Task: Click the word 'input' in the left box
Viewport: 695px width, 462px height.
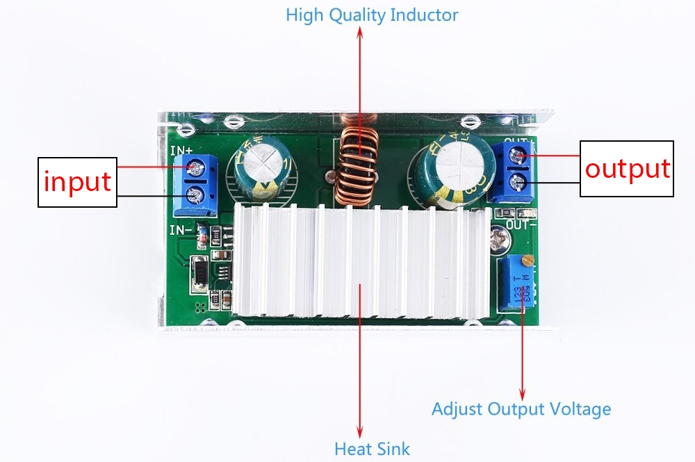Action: point(77,181)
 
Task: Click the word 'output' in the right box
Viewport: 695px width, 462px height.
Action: point(628,169)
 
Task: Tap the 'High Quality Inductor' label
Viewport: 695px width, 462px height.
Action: point(372,15)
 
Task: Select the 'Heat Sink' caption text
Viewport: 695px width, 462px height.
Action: point(372,449)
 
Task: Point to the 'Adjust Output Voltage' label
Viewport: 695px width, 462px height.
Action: point(521,409)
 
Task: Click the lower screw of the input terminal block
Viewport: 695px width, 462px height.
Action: point(195,193)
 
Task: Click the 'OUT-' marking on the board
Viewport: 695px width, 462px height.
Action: point(521,224)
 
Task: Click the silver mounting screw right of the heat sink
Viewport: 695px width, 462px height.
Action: point(500,238)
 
